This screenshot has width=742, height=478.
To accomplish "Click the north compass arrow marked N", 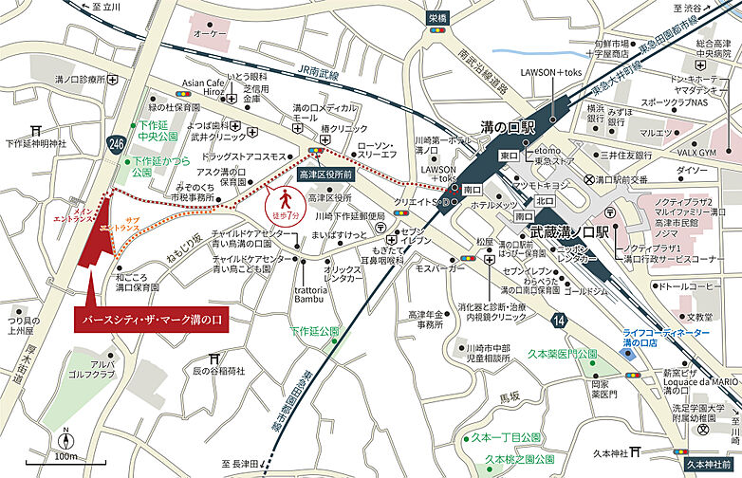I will (65, 441).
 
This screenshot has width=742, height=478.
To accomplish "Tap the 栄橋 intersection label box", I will (436, 17).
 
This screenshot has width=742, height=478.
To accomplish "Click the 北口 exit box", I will (544, 200).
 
